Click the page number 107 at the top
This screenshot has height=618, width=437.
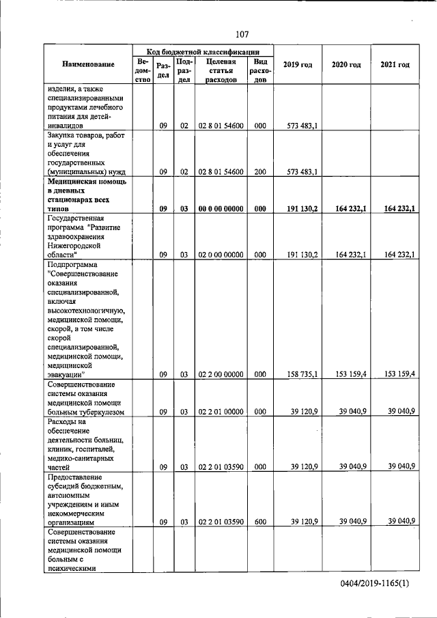(x=242, y=34)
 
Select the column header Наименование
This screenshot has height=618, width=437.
(x=88, y=65)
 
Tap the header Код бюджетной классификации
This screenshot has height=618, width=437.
(x=203, y=51)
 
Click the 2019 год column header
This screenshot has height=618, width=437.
(x=297, y=65)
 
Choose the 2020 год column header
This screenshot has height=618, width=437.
(x=346, y=65)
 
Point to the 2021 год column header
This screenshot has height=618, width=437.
(x=395, y=65)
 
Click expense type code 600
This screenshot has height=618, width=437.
(x=259, y=522)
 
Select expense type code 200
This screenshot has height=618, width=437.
(x=259, y=172)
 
